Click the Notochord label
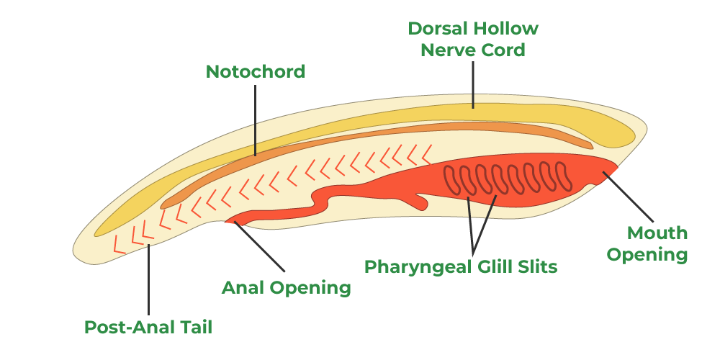(256, 72)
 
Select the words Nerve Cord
(473, 50)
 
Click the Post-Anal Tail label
(148, 327)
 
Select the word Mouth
(657, 233)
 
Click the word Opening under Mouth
(647, 255)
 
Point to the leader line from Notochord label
(256, 119)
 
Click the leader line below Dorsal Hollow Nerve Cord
(473, 85)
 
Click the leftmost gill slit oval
(450, 181)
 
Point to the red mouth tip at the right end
(612, 170)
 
